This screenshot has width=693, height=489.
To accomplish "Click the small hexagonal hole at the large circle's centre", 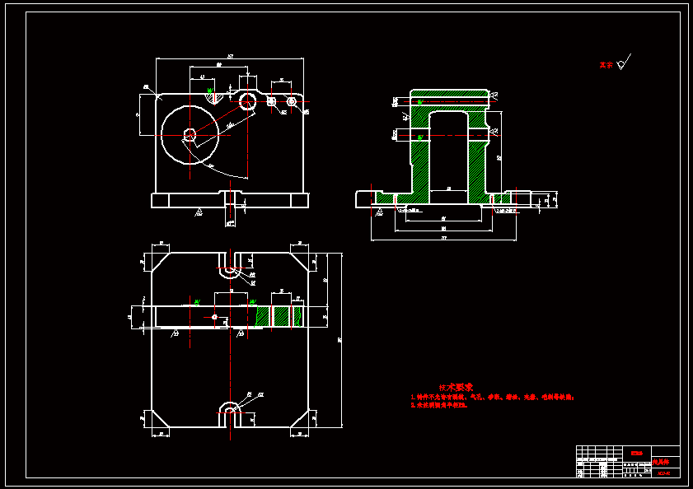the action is click(x=190, y=133).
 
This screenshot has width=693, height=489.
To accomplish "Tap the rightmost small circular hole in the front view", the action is click(x=292, y=100).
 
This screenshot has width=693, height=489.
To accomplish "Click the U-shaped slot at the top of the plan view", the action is click(x=230, y=262).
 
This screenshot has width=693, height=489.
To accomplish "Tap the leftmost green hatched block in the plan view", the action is click(x=263, y=316).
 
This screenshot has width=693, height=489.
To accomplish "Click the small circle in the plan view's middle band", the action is click(x=214, y=316).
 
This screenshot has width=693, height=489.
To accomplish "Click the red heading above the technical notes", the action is click(x=456, y=387).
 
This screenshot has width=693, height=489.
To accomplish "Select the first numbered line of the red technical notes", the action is click(x=491, y=397).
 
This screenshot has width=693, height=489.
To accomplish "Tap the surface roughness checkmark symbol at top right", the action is click(x=625, y=61).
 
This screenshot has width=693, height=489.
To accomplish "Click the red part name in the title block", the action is click(x=662, y=462).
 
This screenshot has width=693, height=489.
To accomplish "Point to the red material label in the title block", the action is click(x=635, y=452).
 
